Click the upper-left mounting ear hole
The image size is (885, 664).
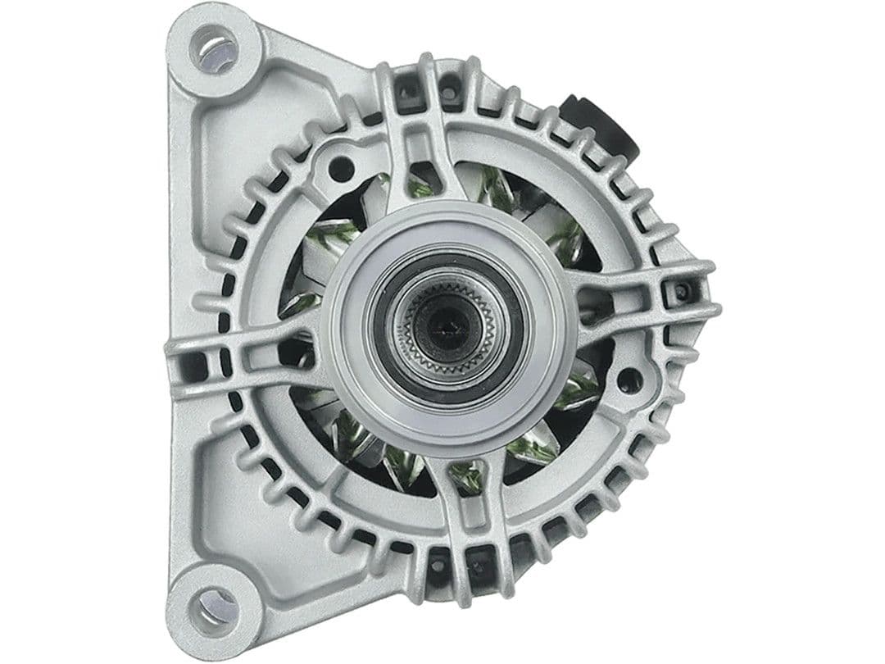click(215, 48)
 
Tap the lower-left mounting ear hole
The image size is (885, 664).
click(215, 607)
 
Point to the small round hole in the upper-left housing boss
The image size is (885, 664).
click(340, 169)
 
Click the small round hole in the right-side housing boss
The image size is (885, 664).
click(628, 380)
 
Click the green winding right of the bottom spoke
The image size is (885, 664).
click(524, 448)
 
